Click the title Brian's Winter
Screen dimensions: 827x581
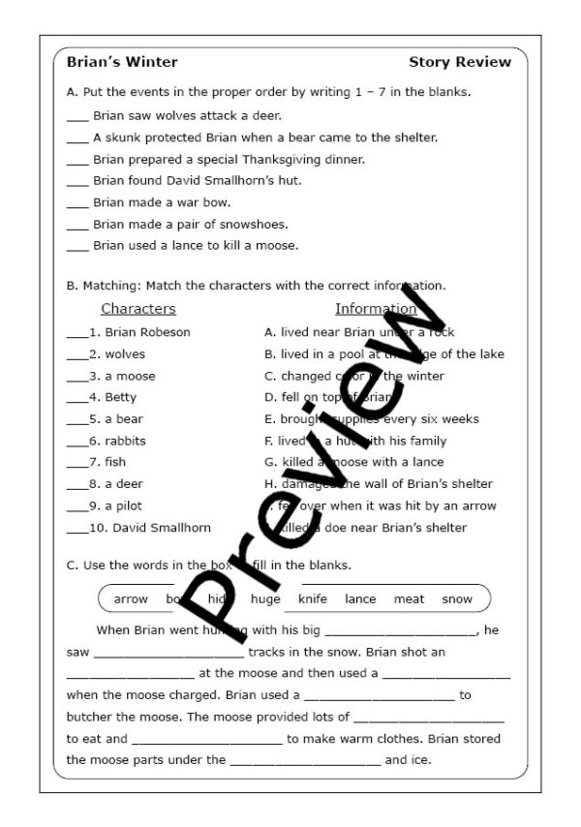click(x=122, y=62)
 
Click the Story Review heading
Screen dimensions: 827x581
click(x=459, y=62)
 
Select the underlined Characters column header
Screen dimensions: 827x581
click(x=138, y=309)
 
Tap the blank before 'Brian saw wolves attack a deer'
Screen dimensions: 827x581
click(x=77, y=117)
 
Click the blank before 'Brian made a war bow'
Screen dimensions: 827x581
click(x=77, y=204)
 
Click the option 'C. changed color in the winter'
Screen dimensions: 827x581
click(x=354, y=376)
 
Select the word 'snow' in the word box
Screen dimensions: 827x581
click(x=457, y=599)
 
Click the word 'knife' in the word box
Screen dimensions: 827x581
click(x=313, y=599)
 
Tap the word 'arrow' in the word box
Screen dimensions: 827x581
click(x=131, y=599)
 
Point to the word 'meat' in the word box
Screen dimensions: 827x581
click(x=409, y=599)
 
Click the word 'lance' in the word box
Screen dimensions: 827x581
click(x=360, y=599)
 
